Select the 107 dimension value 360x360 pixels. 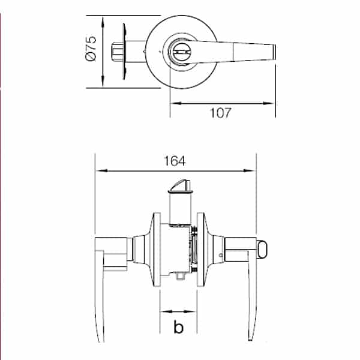[x=220, y=113]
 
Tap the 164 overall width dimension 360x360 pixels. [x=174, y=161]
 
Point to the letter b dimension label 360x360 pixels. [x=178, y=328]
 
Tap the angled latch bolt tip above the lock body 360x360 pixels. [x=180, y=186]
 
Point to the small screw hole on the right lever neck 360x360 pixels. [x=222, y=256]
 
